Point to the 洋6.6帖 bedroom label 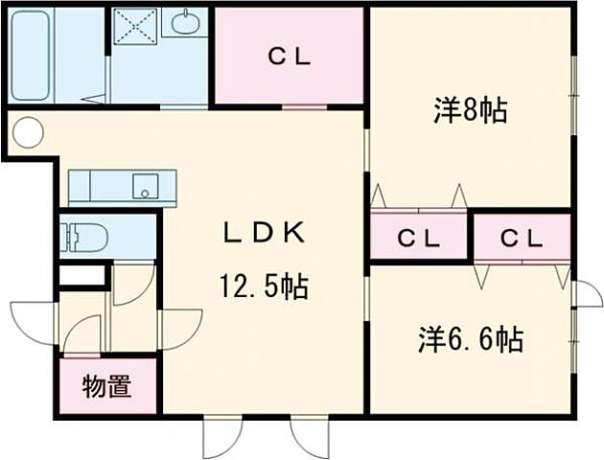coord(470,339)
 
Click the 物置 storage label coord(106,387)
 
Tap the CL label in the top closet coord(289,56)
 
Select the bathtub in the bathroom coord(31,55)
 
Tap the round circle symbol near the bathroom coord(28,132)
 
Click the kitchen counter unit coord(122,184)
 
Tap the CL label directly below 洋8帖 coord(418,238)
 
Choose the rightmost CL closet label coord(523,237)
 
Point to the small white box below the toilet coord(81,275)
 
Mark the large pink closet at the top coord(289,56)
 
